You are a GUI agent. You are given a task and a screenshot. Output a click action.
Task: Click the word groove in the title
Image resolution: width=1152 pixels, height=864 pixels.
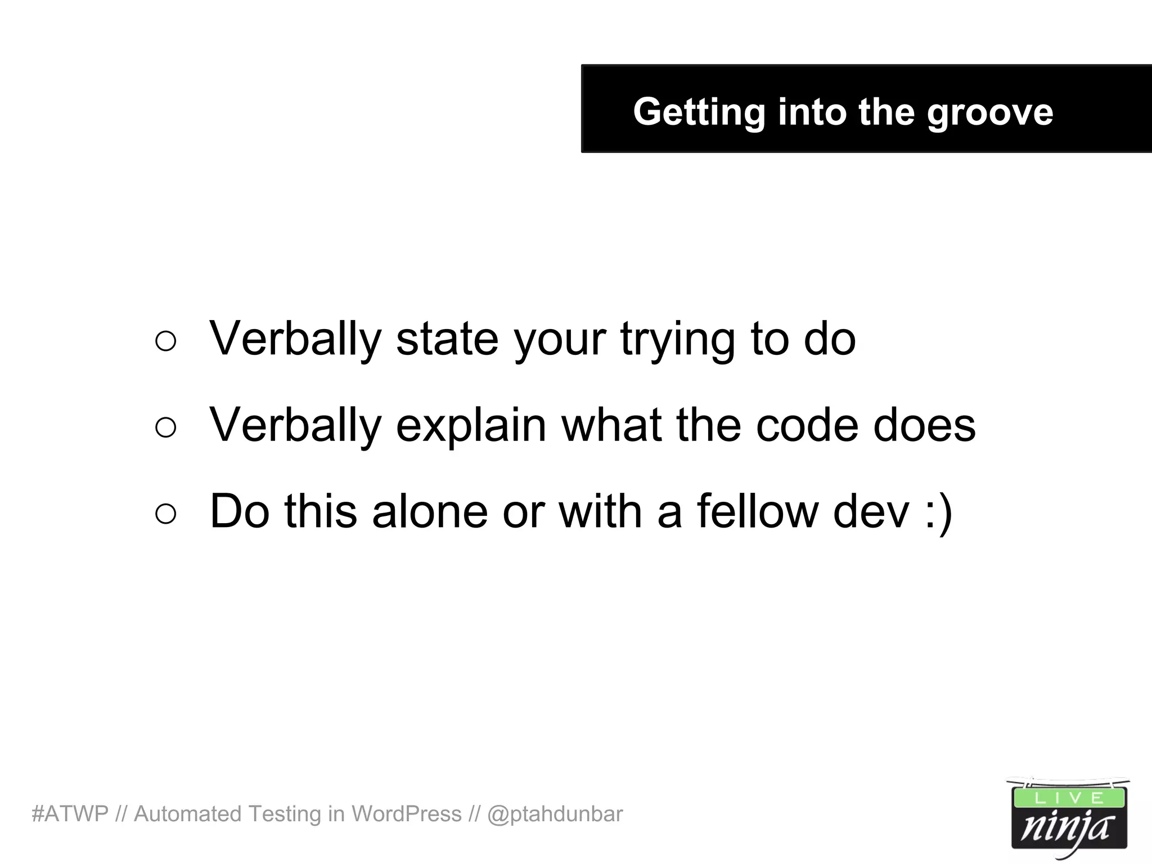click(989, 112)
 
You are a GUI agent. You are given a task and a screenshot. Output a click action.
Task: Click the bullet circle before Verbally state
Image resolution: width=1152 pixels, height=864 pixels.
click(165, 341)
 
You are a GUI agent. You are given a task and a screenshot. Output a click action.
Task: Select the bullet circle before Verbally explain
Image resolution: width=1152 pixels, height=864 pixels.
click(165, 427)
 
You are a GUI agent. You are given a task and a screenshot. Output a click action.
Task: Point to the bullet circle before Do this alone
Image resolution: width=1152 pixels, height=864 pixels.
click(165, 514)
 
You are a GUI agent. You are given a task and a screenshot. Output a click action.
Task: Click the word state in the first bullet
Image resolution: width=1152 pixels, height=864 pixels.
click(447, 339)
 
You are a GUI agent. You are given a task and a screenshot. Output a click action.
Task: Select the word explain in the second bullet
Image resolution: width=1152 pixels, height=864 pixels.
click(471, 426)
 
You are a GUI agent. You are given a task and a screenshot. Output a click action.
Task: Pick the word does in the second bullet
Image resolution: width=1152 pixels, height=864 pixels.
click(924, 425)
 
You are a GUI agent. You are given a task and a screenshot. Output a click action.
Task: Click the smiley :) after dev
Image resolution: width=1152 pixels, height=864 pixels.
click(938, 512)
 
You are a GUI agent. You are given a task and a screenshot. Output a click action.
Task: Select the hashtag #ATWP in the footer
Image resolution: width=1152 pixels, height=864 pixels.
click(70, 814)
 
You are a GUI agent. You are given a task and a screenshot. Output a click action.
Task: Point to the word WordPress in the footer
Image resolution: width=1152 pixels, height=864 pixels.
click(406, 814)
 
